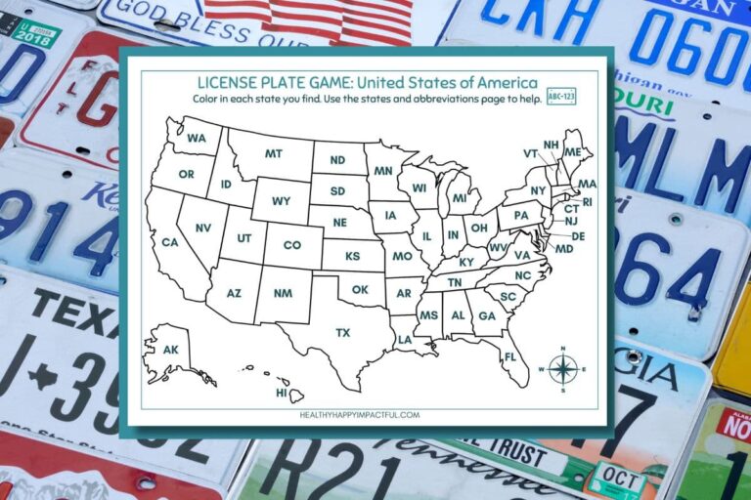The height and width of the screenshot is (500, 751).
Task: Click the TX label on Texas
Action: click(x=343, y=333)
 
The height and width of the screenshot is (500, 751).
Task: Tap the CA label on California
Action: click(x=170, y=242)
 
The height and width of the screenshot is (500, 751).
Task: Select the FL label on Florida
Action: click(x=509, y=355)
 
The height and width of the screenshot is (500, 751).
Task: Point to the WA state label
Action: click(x=197, y=138)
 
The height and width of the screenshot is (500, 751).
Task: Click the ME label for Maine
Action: click(x=572, y=151)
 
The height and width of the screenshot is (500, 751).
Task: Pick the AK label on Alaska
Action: click(x=170, y=350)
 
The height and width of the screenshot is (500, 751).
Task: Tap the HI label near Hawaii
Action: click(x=282, y=393)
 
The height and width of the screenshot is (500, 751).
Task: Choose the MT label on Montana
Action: click(x=274, y=153)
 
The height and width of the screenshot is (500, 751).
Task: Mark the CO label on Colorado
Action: click(x=292, y=245)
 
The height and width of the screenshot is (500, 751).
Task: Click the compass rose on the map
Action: click(x=562, y=369)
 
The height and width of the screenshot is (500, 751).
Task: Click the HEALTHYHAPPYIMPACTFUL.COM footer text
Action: click(x=360, y=414)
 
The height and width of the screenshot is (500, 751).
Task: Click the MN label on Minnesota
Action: click(x=383, y=170)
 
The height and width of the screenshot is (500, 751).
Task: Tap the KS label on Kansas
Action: click(x=352, y=256)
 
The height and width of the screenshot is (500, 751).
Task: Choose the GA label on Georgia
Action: click(x=486, y=315)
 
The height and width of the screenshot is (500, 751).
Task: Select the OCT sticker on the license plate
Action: click(x=617, y=477)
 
